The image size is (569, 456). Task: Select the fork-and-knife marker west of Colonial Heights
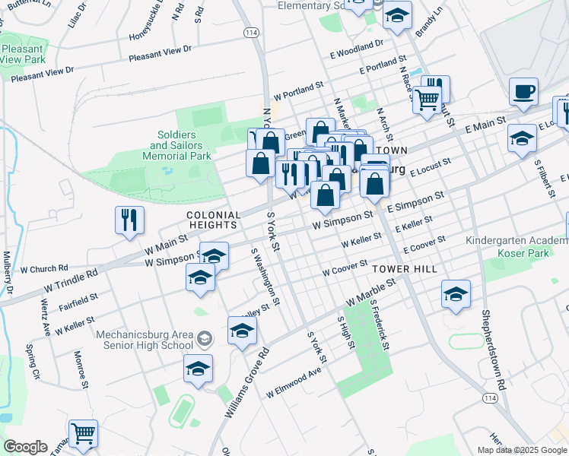tap(129, 221)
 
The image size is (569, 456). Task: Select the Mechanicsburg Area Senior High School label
tap(145, 340)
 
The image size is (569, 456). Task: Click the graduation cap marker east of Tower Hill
tap(456, 295)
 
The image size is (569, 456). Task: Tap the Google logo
tap(25, 447)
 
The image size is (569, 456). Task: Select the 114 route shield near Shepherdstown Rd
tap(490, 398)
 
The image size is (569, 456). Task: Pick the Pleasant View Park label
tap(23, 53)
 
